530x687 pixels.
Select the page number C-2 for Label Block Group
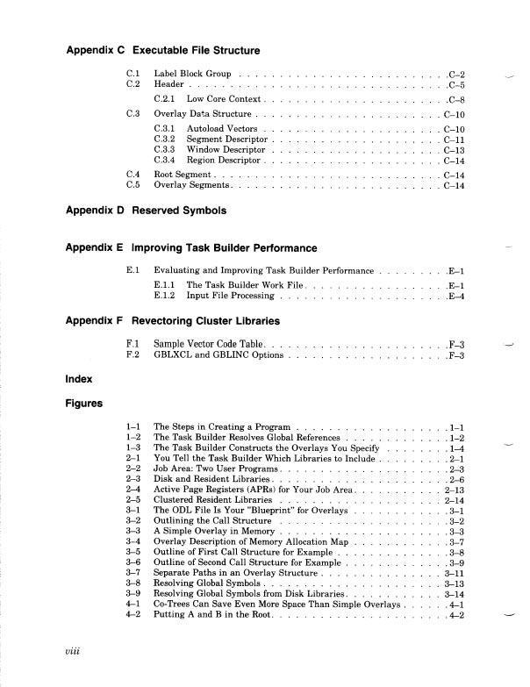pyautogui.click(x=455, y=75)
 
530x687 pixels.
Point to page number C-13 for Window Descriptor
pyautogui.click(x=454, y=150)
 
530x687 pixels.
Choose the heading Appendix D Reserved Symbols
pyautogui.click(x=147, y=211)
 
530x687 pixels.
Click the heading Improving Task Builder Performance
pyautogui.click(x=224, y=247)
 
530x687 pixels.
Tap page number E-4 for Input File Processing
pyautogui.click(x=455, y=296)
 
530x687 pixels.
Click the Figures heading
pyautogui.click(x=85, y=404)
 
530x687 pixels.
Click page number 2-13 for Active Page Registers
pyautogui.click(x=455, y=489)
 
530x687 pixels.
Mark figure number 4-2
pyautogui.click(x=133, y=615)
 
